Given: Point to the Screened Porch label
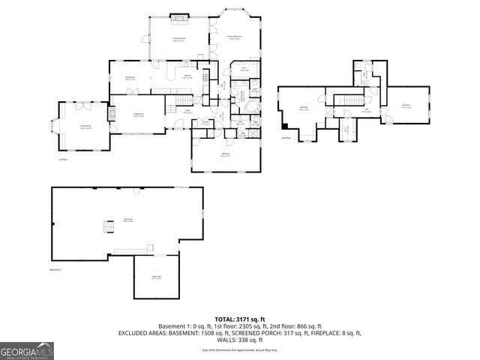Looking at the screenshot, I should point(179,38).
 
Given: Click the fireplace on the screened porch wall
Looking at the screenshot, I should point(179,16).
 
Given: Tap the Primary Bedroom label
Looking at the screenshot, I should point(234,37).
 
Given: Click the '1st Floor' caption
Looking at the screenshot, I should point(64,159).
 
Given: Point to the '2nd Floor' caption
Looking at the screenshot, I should point(286,138).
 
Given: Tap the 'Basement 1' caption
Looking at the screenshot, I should point(57,269).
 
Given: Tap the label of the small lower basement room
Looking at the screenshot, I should point(157,277).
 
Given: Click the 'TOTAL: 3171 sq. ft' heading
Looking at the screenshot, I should point(239,319).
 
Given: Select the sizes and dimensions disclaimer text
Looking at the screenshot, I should point(239,349).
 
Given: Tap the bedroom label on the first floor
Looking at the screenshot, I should point(226,155).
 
